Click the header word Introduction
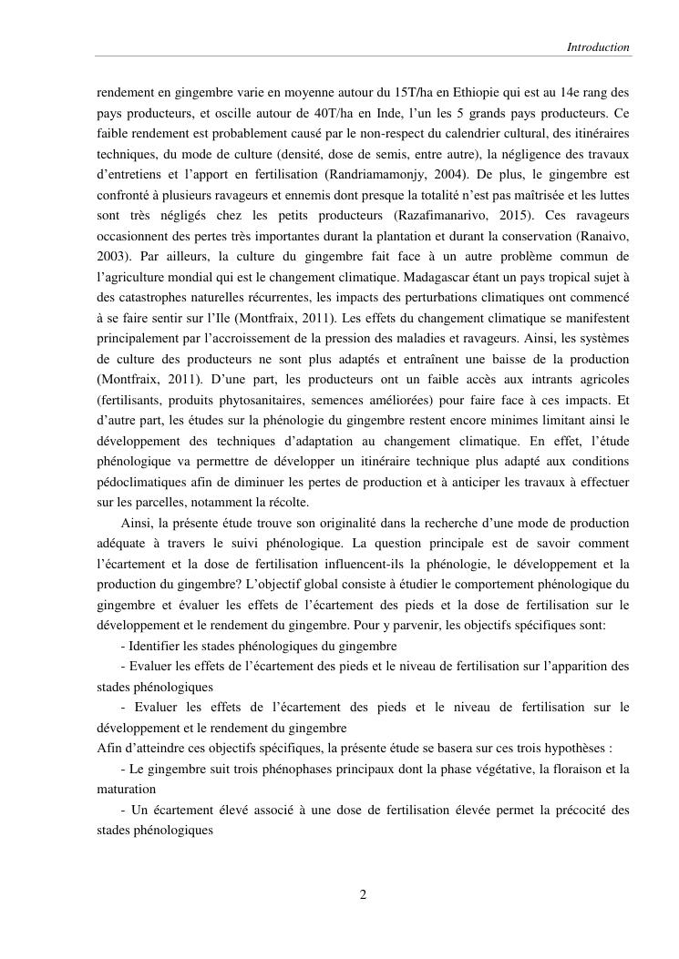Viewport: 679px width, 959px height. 598,46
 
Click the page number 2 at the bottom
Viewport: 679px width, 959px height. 363,894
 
